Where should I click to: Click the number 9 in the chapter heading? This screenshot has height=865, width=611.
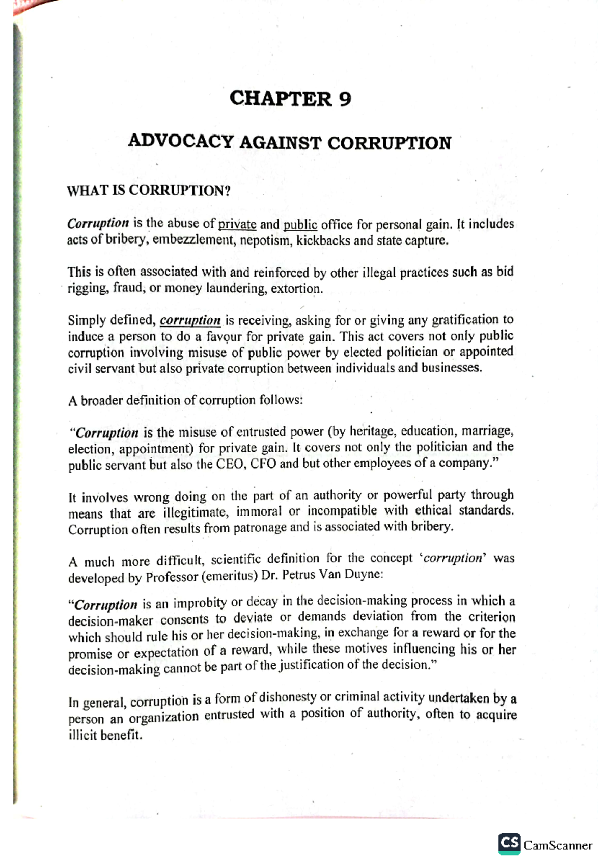(345, 98)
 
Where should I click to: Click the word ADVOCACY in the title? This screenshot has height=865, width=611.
(181, 141)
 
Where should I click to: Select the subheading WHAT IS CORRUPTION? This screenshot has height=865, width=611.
(149, 191)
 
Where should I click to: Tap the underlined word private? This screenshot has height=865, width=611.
(237, 224)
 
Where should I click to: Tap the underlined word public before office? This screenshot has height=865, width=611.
(300, 224)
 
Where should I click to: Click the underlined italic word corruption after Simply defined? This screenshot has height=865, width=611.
(190, 320)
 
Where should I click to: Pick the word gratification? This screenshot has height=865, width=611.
(466, 320)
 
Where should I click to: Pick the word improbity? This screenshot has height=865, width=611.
(200, 603)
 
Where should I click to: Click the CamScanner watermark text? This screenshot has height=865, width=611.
(558, 846)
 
